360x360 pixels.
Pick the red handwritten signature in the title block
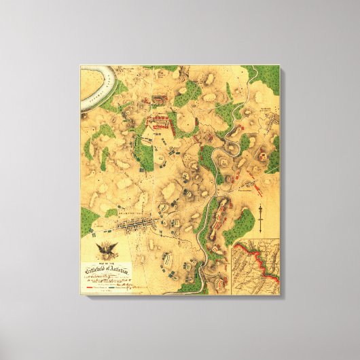(141, 285)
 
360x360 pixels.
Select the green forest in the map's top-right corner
(268, 82)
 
